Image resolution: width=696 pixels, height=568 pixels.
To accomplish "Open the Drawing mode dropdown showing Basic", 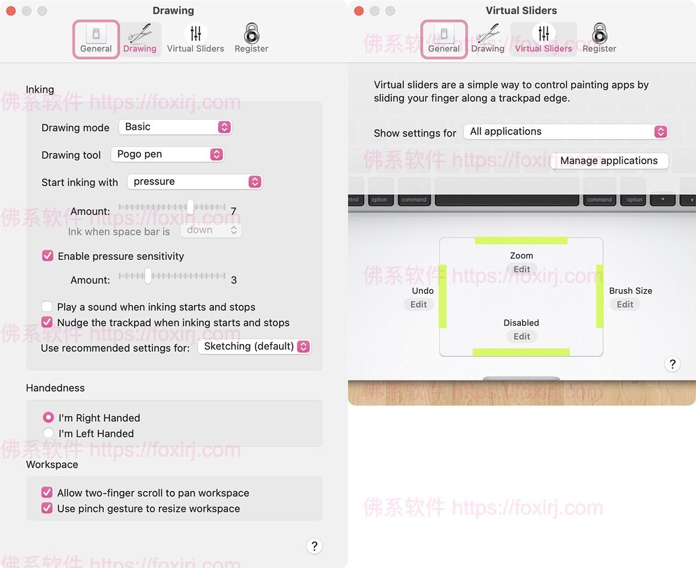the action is click(175, 127).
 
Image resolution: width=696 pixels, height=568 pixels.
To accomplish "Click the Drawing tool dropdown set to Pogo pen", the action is click(168, 154).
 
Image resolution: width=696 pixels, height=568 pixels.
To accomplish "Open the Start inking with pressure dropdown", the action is click(195, 182).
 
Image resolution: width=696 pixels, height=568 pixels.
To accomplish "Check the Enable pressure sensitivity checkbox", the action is click(48, 256).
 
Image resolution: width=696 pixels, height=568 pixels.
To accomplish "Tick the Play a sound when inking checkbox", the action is click(47, 307).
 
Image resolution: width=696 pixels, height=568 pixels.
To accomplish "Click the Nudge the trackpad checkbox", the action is click(47, 322).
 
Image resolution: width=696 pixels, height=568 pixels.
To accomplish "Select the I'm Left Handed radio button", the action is click(48, 433).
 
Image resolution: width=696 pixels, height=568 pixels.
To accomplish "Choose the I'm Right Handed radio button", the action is click(48, 417).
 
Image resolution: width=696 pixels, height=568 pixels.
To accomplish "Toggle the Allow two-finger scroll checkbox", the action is click(47, 493).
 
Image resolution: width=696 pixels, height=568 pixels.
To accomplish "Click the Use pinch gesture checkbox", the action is click(47, 508).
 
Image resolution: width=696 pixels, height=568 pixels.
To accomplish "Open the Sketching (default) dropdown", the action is click(254, 347).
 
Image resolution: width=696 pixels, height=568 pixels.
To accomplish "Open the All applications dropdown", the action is click(566, 132).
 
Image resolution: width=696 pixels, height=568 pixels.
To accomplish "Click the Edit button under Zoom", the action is click(522, 269).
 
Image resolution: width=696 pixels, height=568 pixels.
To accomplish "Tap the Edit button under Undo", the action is click(418, 304).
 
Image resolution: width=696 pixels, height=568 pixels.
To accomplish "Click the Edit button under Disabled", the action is click(522, 336).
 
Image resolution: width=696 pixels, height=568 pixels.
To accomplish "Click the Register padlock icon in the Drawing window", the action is click(252, 33).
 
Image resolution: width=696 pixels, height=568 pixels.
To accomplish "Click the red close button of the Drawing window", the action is click(11, 11).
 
